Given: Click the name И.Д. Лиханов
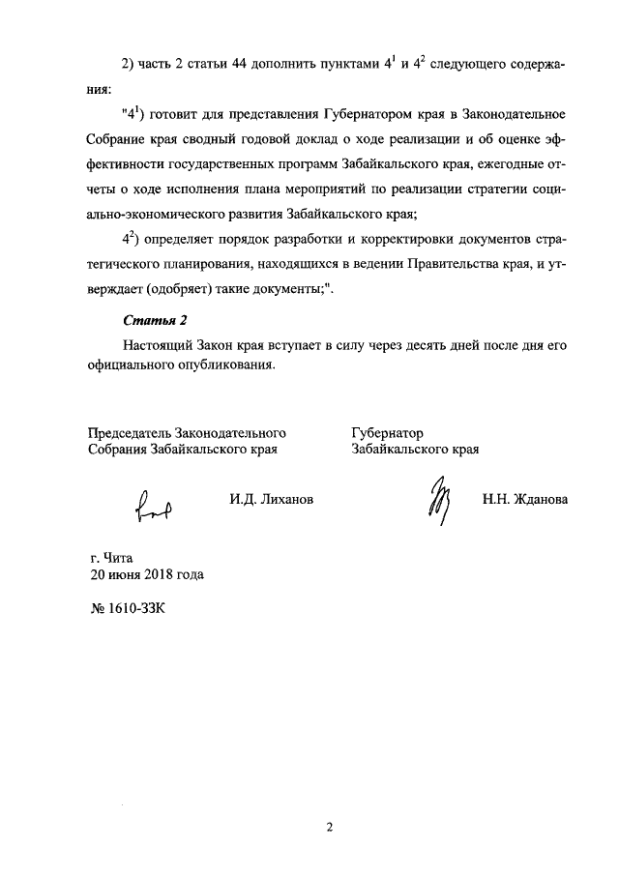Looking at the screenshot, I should (x=272, y=499).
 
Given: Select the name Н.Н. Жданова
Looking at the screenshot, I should (x=525, y=499).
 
